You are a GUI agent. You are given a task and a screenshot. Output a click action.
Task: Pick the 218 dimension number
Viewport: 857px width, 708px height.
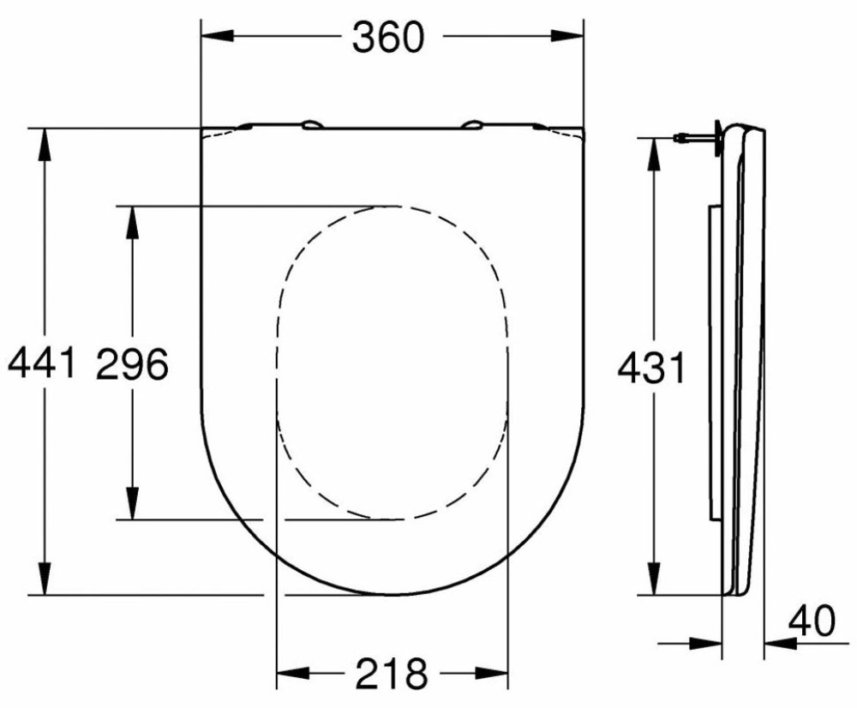392,674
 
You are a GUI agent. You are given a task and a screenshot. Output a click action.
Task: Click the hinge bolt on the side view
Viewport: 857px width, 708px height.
694,136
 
